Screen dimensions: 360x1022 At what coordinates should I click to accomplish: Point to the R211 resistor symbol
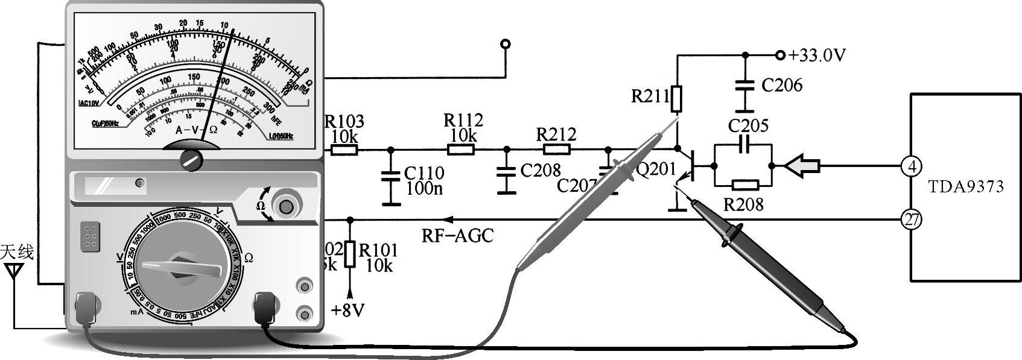pos(677,100)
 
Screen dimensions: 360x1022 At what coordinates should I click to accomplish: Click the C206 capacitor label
pos(782,86)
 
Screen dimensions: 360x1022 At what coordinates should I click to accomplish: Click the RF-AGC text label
pos(457,235)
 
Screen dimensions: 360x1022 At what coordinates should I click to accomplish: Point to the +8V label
pos(348,310)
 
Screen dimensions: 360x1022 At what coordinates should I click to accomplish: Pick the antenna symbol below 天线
pos(13,273)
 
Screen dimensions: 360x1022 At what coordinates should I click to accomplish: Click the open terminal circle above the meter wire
pos(506,43)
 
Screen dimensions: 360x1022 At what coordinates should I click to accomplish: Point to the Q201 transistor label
pos(656,169)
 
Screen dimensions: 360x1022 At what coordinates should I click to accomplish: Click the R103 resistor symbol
pos(344,149)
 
